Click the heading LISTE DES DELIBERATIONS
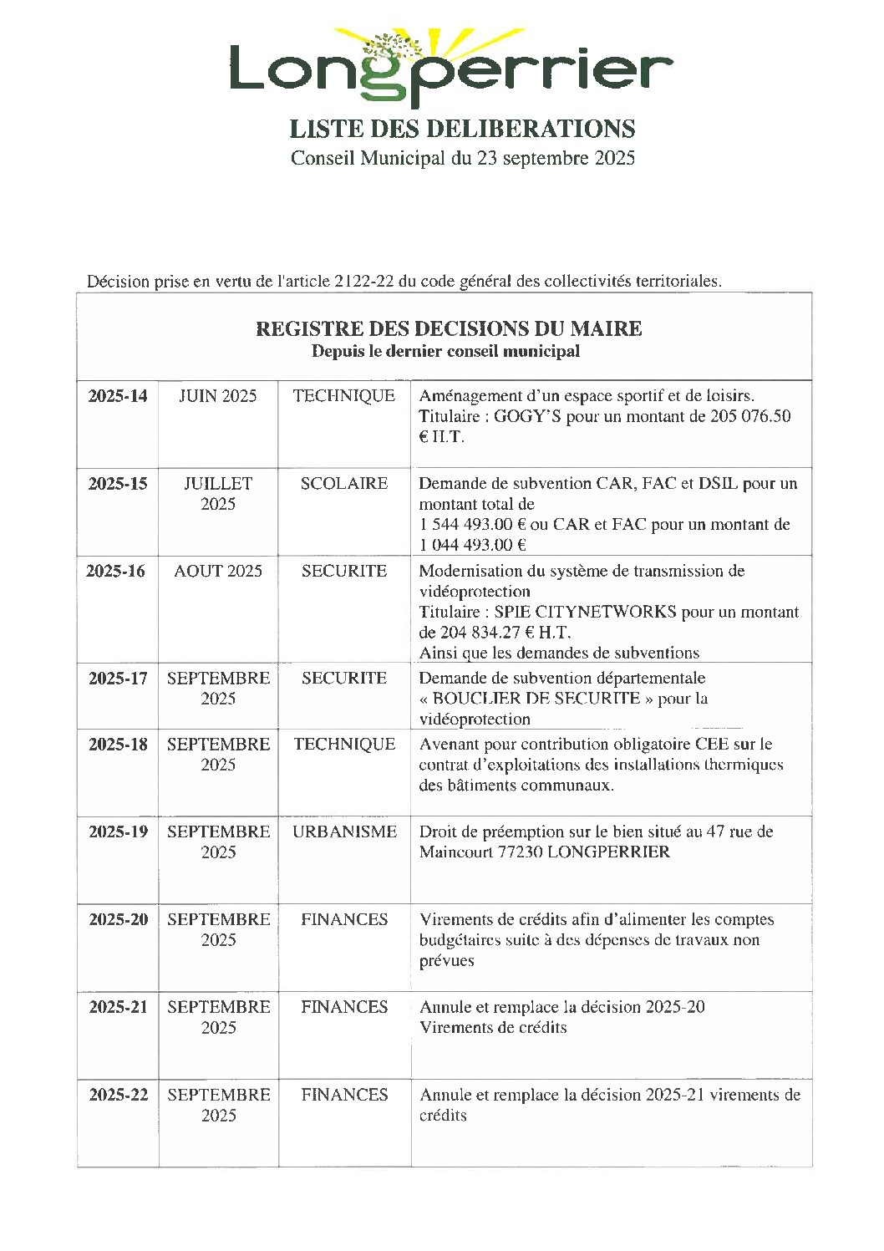pos(462,129)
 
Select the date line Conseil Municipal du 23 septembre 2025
pos(462,158)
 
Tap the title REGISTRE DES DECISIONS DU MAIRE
pos(449,329)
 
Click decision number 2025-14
pos(118,396)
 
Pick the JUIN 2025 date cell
pos(218,396)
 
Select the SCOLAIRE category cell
pos(344,484)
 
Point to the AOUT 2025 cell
pos(218,572)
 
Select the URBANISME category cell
pos(344,831)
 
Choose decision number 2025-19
pos(118,831)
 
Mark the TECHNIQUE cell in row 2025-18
pos(344,744)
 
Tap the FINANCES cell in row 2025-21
pos(344,1007)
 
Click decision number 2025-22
pos(118,1095)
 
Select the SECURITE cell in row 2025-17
pos(344,678)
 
